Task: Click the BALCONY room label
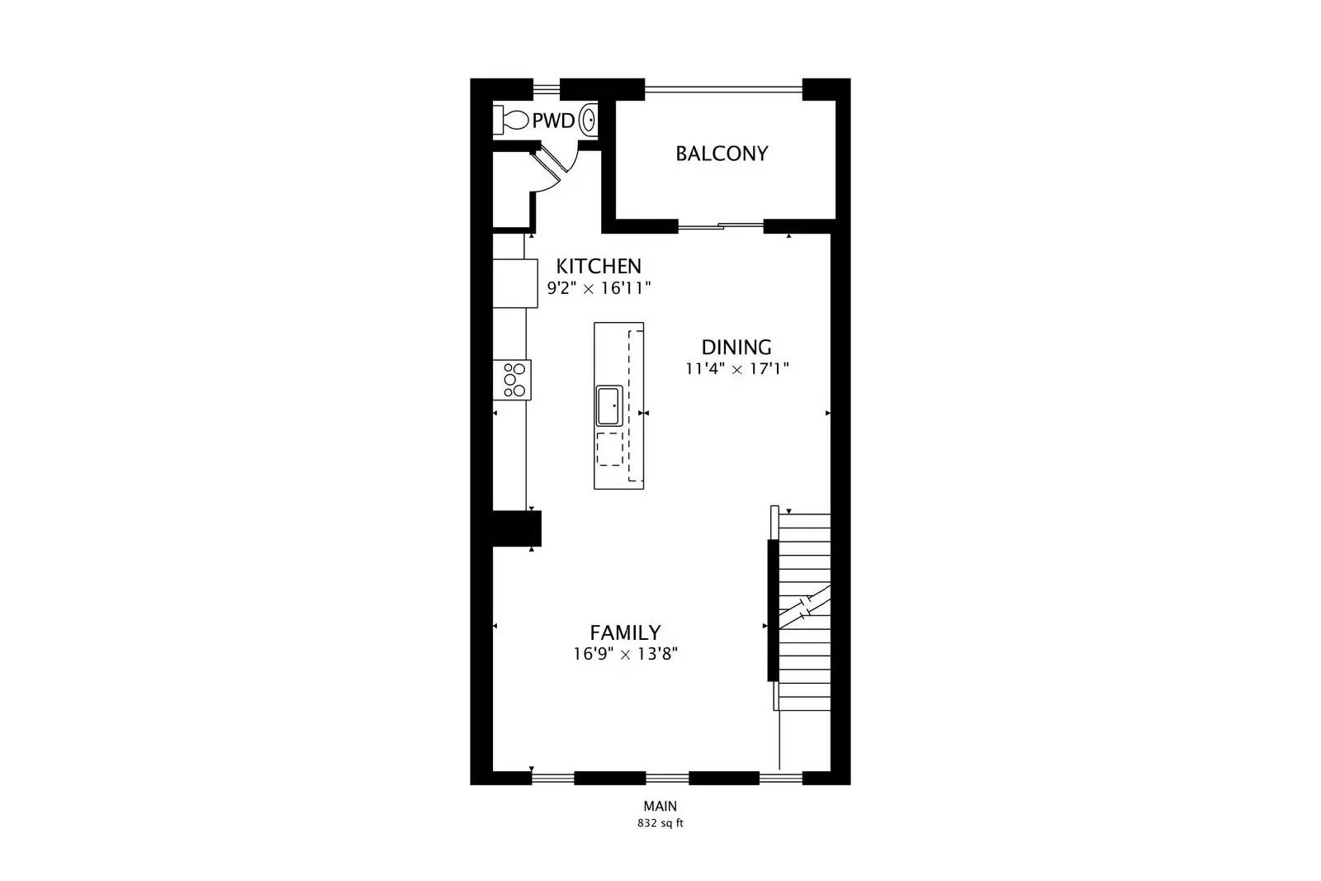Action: [722, 154]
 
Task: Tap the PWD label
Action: [553, 121]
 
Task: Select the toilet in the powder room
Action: [512, 121]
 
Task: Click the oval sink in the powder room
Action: [589, 121]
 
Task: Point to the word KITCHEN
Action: [599, 266]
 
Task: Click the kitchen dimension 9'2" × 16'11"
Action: [599, 288]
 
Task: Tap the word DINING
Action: [736, 347]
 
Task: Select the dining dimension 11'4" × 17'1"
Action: [737, 369]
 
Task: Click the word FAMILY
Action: [625, 632]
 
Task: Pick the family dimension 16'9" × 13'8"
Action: [626, 655]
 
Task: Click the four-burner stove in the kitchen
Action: [513, 380]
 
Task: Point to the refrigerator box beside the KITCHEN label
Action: [515, 283]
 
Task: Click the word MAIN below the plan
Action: [660, 807]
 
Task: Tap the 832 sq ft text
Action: [660, 823]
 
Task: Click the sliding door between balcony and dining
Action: [721, 225]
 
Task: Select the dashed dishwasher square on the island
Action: [609, 448]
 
